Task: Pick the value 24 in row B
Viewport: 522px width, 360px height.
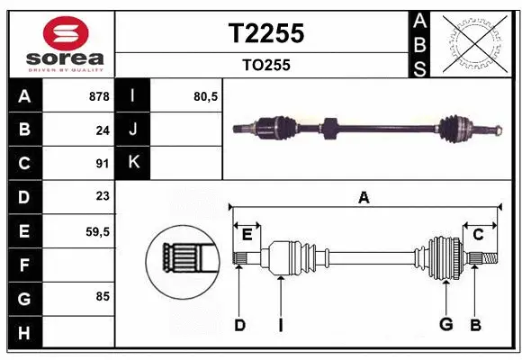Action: click(x=102, y=130)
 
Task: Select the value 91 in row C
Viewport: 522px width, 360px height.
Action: click(x=102, y=164)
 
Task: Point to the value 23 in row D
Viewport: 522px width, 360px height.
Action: click(x=102, y=197)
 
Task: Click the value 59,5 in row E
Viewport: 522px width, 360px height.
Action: click(x=97, y=231)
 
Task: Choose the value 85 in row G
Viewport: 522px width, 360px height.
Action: click(x=102, y=295)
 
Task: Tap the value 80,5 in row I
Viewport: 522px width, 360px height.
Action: click(x=206, y=95)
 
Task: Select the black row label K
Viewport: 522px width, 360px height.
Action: click(x=134, y=163)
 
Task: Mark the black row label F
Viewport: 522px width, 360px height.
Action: click(x=23, y=265)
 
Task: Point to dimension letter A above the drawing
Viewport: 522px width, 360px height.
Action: click(x=364, y=198)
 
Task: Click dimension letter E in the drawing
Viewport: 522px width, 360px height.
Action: click(x=247, y=234)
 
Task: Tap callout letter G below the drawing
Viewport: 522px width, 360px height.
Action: click(x=445, y=324)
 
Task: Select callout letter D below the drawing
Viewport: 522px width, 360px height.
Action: click(x=239, y=324)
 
